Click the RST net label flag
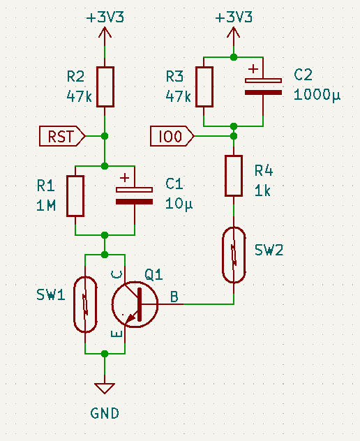coord(62,136)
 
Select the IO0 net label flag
coord(172,136)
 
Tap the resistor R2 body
coord(105,87)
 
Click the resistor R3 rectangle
coord(204,87)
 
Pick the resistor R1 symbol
coord(75,196)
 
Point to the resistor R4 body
coord(234,176)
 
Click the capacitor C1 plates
coord(135,196)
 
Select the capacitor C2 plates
coord(263,87)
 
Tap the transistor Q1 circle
coord(135,304)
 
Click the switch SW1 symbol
coord(85,304)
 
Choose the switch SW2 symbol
coord(234,255)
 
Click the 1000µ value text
coord(317,94)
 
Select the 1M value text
coord(46,206)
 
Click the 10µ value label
coord(179,203)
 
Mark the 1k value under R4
coord(262,191)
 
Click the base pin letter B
coord(174,297)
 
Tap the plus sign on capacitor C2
coord(253,68)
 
